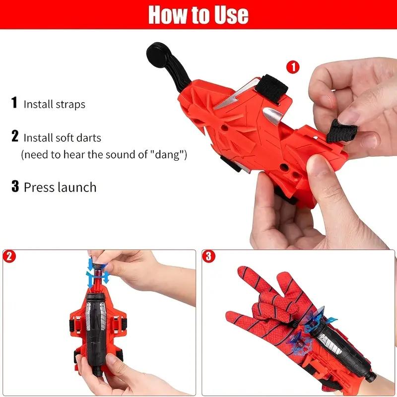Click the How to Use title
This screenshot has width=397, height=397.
pyautogui.click(x=198, y=15)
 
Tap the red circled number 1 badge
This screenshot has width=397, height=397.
pyautogui.click(x=293, y=67)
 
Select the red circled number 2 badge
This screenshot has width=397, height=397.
pyautogui.click(x=8, y=257)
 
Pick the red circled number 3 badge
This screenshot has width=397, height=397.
pyautogui.click(x=209, y=257)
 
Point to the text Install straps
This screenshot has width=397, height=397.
pyautogui.click(x=55, y=104)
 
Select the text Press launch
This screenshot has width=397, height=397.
pyautogui.click(x=60, y=187)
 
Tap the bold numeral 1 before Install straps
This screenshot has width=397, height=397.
pyautogui.click(x=15, y=103)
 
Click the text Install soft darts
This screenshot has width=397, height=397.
pyautogui.click(x=62, y=137)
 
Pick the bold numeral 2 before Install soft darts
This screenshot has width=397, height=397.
pyautogui.click(x=15, y=136)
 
